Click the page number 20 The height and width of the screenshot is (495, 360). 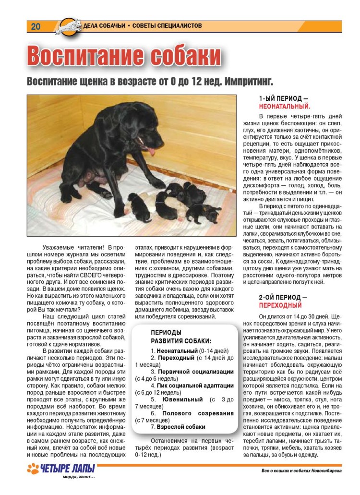[36, 26]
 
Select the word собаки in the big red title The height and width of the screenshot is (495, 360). [185, 56]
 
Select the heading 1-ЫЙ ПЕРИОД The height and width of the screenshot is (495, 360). [283, 98]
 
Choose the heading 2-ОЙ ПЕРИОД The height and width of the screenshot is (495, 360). [283, 297]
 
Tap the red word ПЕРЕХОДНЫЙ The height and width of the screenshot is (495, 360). [280, 305]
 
